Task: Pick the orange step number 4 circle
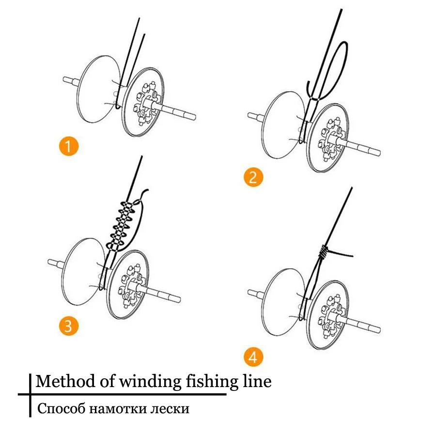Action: [253, 358]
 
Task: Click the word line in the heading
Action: [256, 381]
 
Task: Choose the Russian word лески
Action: [170, 408]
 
